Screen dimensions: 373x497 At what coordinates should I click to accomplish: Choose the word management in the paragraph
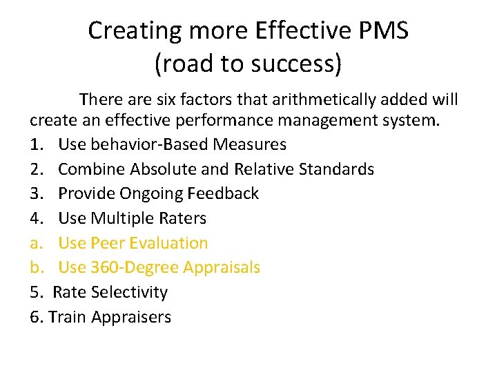coord(323,120)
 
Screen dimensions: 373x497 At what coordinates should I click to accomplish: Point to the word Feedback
coord(223,193)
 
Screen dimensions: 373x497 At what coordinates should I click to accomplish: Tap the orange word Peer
coord(108,243)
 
